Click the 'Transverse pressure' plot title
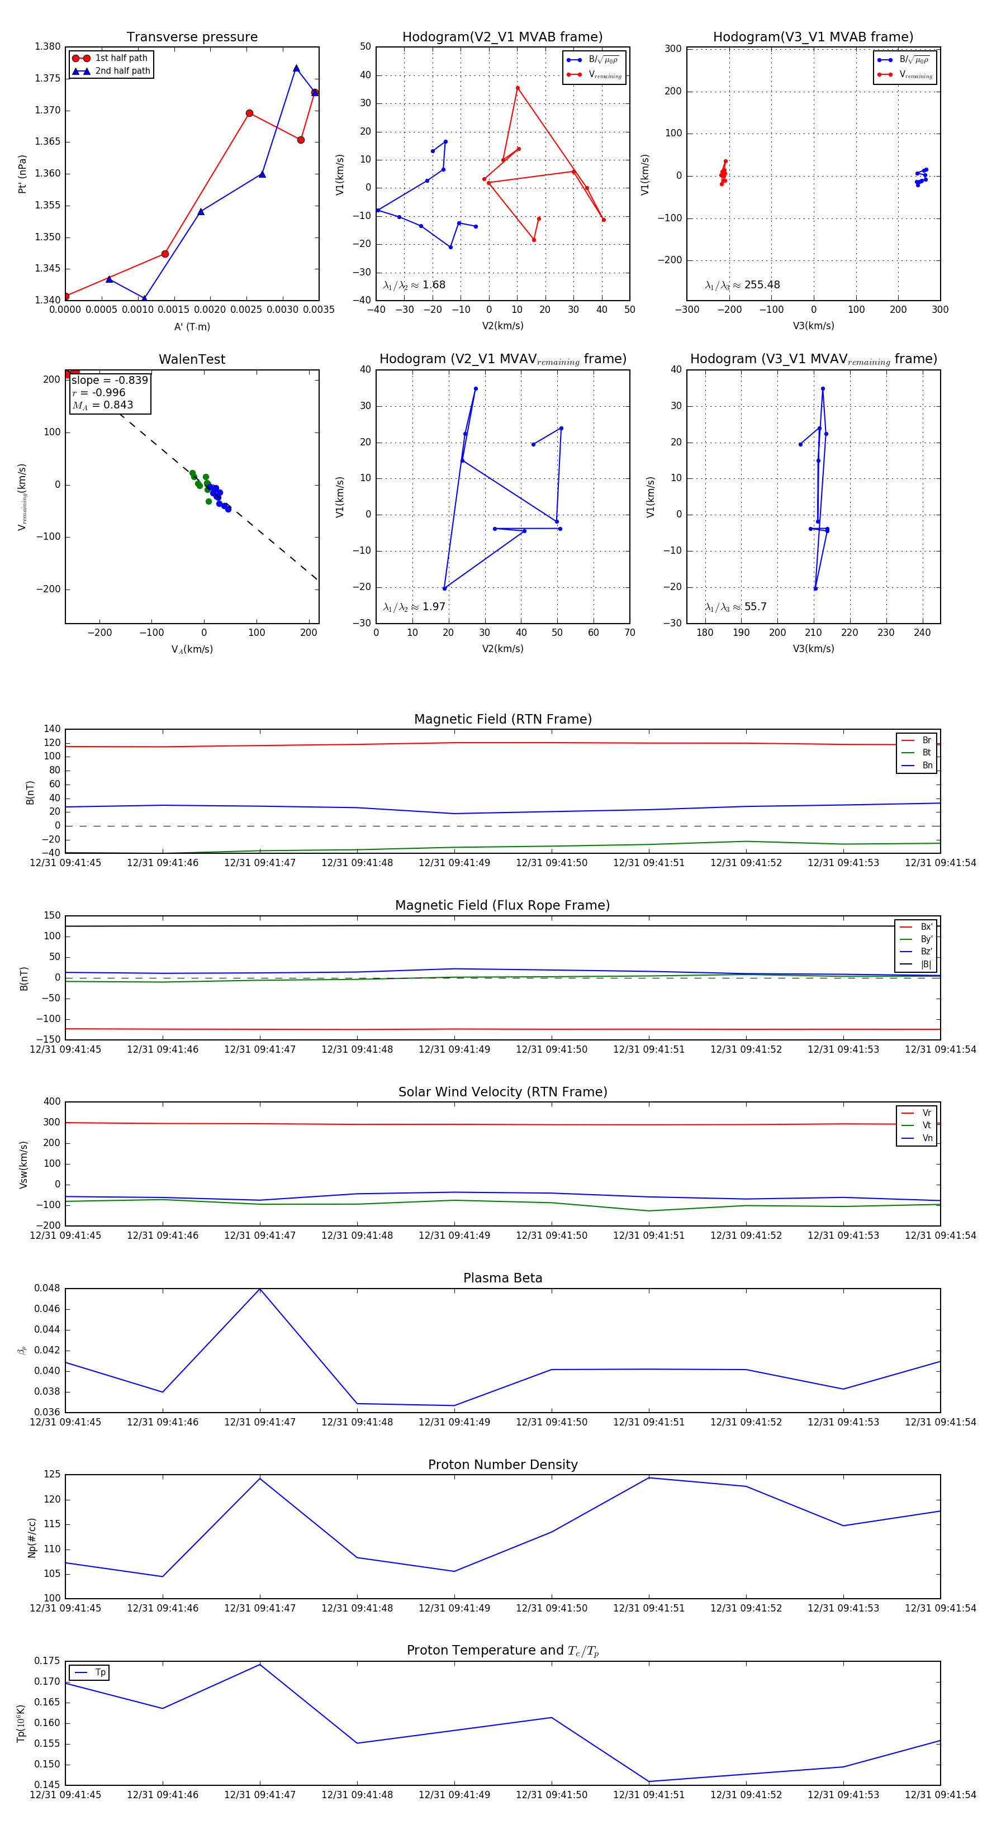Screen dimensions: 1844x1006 [x=192, y=37]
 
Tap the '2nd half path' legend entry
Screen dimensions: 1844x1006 [x=122, y=71]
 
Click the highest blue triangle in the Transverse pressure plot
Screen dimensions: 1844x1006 [x=296, y=69]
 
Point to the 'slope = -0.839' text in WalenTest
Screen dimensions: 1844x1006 [x=110, y=380]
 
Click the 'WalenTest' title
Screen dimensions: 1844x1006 [x=192, y=359]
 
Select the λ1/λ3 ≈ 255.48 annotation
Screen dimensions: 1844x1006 [x=743, y=285]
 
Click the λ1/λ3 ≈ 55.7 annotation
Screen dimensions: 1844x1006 [x=735, y=607]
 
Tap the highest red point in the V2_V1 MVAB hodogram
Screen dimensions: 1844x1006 [x=518, y=88]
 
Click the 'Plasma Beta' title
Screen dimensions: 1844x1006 [x=502, y=1278]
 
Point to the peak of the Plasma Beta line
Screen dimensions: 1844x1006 [x=260, y=1289]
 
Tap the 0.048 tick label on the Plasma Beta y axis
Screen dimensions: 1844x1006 [x=48, y=1289]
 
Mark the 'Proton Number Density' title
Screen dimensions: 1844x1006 [x=502, y=1465]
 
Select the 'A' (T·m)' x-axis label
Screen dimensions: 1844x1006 [x=192, y=326]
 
